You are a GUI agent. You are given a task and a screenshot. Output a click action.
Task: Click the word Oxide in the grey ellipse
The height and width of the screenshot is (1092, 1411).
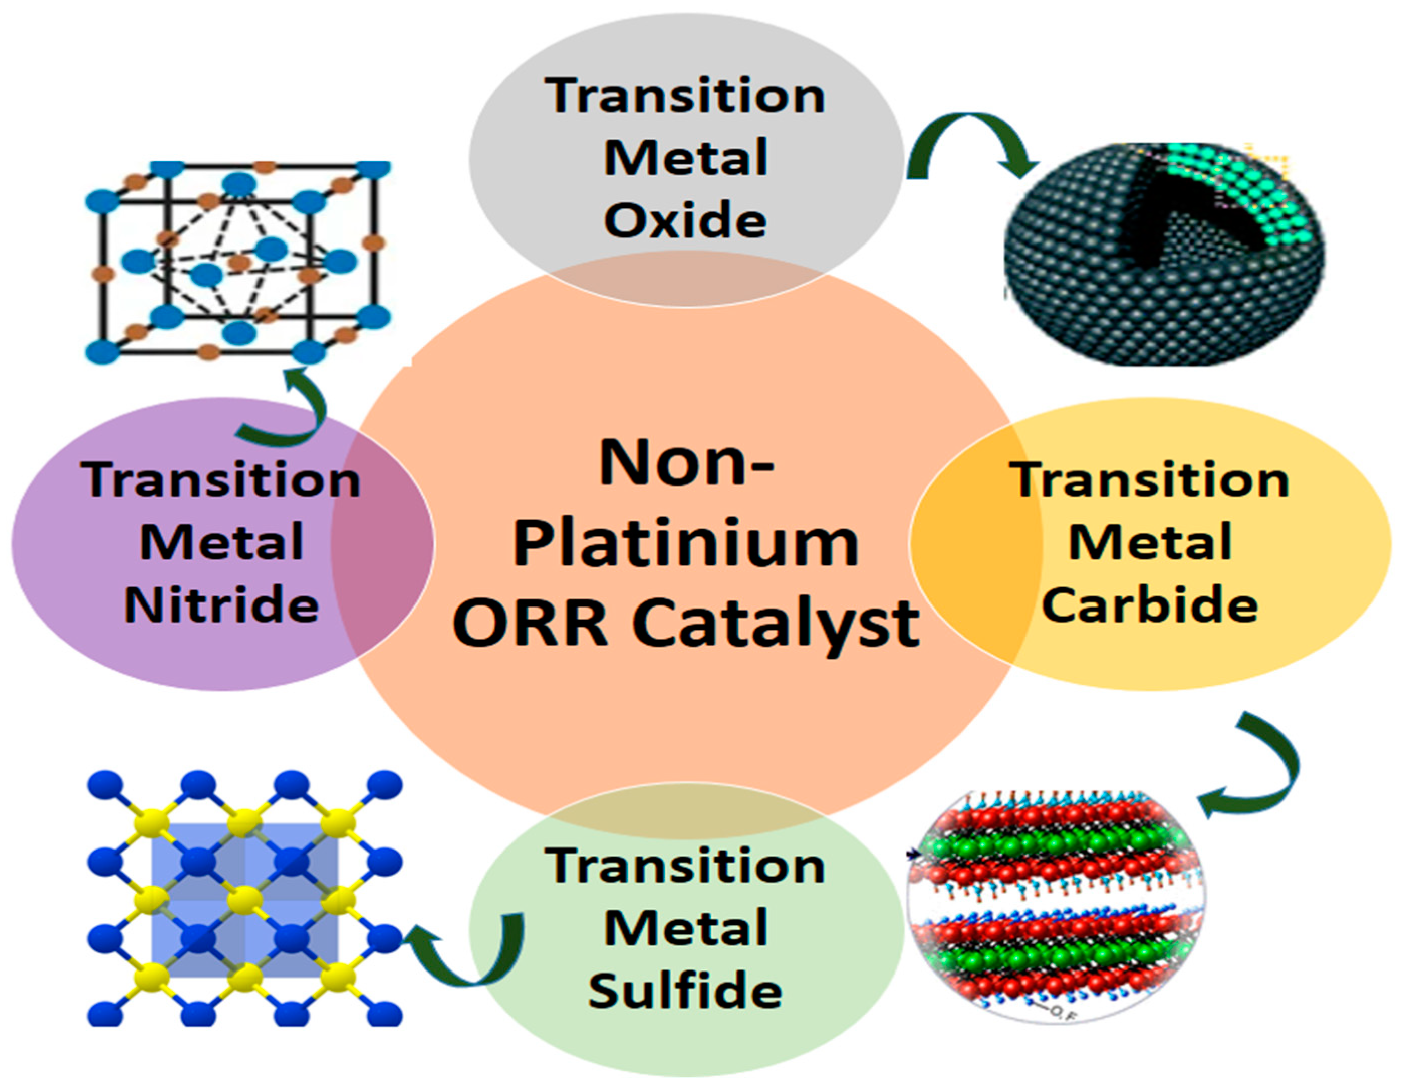click(x=686, y=220)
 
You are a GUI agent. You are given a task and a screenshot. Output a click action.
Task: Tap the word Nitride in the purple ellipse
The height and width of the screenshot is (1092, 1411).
click(x=221, y=605)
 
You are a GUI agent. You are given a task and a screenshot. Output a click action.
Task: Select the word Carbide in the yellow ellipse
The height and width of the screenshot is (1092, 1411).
click(x=1150, y=605)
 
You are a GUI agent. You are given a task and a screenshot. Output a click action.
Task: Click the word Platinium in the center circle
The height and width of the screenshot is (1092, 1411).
click(x=686, y=543)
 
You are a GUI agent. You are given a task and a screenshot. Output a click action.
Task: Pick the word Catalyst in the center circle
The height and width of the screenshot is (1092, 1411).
click(x=776, y=624)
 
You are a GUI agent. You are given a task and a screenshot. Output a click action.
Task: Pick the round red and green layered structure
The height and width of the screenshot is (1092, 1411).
click(x=1056, y=905)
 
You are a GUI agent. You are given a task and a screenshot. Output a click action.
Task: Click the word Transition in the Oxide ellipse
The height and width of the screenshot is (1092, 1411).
click(x=686, y=95)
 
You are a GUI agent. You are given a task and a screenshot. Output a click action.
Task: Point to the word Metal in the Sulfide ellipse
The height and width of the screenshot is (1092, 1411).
click(x=686, y=928)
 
